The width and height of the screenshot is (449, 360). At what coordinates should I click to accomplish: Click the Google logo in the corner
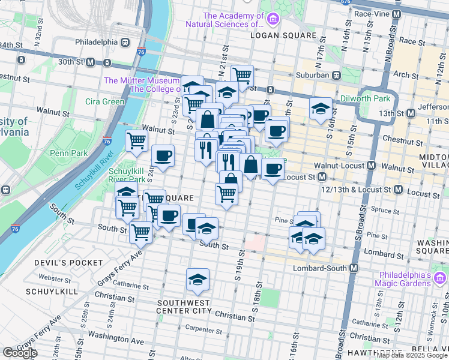20,353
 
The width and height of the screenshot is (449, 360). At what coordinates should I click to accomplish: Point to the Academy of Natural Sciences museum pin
273,20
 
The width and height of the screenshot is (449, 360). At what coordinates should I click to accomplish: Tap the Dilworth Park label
365,99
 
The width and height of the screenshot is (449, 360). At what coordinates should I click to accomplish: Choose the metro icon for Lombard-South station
354,268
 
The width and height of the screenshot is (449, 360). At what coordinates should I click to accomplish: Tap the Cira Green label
104,101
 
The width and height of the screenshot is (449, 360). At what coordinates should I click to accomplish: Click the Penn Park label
69,153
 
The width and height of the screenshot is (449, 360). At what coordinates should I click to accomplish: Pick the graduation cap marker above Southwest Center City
197,278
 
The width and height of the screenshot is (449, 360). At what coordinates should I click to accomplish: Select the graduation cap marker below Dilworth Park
321,109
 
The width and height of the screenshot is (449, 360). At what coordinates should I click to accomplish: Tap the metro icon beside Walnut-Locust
371,165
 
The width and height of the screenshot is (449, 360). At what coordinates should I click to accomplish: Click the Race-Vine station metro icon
396,13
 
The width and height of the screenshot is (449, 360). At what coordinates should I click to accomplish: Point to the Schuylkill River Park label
126,175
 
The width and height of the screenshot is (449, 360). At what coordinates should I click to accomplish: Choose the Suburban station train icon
337,75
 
